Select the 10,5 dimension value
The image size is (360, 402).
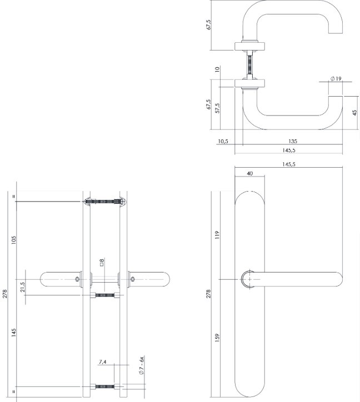[x=223, y=142]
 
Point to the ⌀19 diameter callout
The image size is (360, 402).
[x=336, y=79]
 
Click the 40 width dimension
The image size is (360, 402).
[x=249, y=173]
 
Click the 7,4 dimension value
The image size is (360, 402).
[x=103, y=361]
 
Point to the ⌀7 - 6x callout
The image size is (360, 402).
[x=142, y=365]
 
